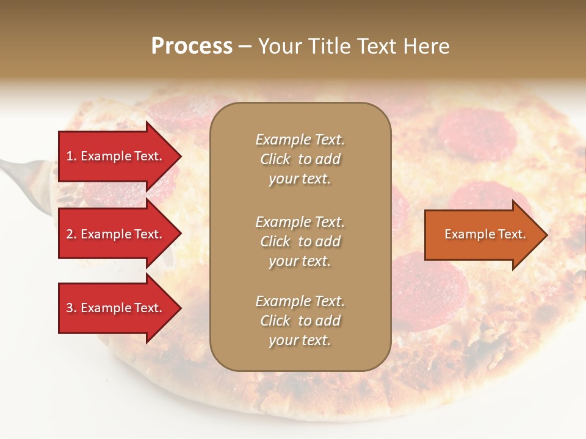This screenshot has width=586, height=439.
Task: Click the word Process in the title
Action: tap(192, 46)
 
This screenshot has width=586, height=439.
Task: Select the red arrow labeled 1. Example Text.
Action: tap(116, 156)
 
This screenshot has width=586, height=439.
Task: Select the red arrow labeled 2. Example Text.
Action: tap(116, 234)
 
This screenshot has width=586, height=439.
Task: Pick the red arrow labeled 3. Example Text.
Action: tap(116, 308)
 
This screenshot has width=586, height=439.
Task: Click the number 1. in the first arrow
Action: tap(71, 156)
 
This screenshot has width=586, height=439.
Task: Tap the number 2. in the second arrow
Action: tap(71, 234)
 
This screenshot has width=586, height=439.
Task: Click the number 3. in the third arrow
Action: tap(71, 308)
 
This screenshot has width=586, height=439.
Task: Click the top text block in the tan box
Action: tap(300, 159)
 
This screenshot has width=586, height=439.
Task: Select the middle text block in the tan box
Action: tap(300, 241)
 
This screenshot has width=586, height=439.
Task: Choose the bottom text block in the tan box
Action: tap(300, 321)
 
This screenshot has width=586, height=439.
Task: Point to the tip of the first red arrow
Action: tap(180, 156)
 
